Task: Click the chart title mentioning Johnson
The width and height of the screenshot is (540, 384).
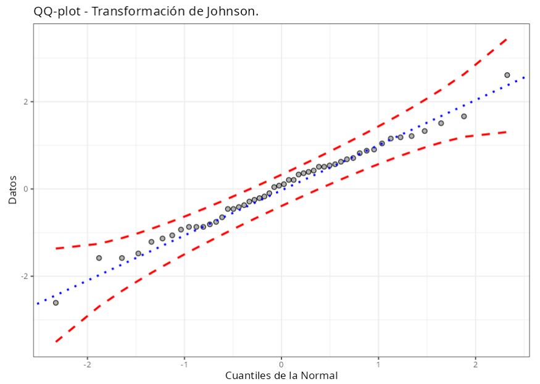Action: (146, 11)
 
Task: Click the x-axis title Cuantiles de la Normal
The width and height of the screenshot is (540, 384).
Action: (281, 375)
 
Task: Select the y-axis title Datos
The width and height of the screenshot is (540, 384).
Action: (12, 189)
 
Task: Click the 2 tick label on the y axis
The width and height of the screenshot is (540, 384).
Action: (25, 102)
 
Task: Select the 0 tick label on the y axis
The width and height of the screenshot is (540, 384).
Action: (25, 189)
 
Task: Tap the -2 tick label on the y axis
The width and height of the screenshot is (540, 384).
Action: (24, 276)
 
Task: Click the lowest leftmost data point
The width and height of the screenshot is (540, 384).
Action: (56, 303)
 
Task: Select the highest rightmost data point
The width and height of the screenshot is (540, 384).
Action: (507, 75)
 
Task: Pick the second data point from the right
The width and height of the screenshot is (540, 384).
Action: (464, 116)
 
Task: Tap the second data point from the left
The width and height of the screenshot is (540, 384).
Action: (99, 258)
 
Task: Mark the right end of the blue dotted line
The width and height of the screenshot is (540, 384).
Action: (525, 77)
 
